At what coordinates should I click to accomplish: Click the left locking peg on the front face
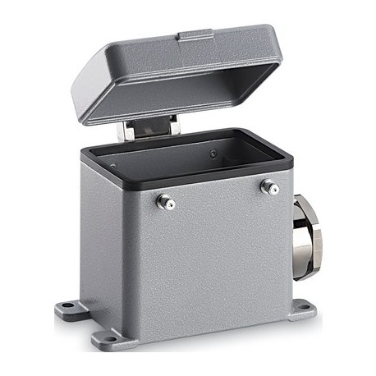[x=165, y=200]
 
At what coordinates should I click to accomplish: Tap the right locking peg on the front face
[x=268, y=187]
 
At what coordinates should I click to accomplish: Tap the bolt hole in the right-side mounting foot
[x=302, y=306]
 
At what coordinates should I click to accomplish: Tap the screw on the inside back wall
[x=213, y=153]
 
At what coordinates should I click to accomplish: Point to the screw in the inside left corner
[x=112, y=167]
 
